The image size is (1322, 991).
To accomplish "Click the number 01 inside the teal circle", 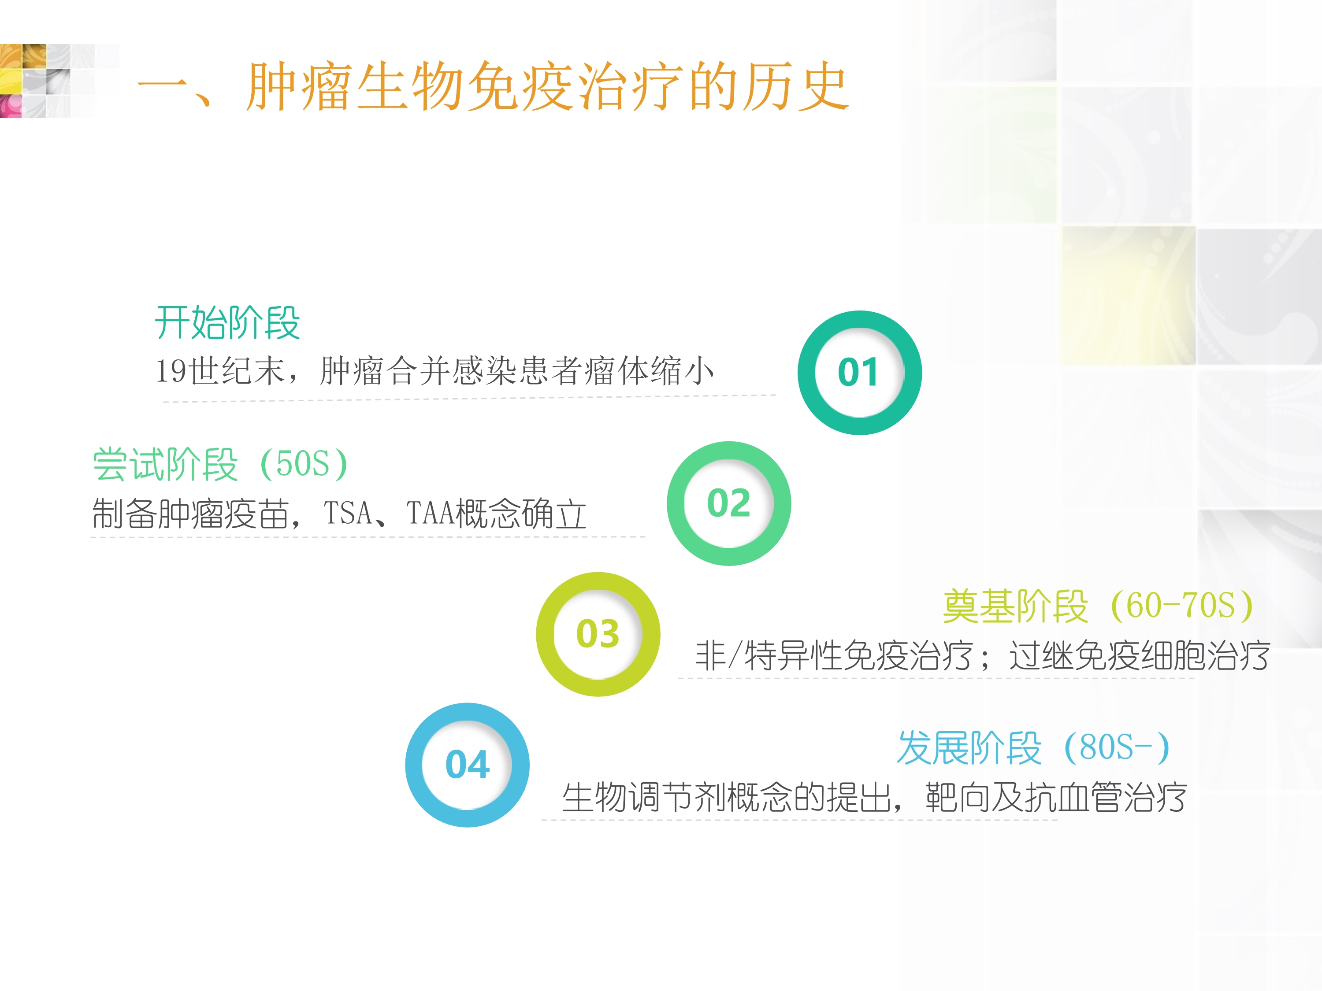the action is click(858, 372).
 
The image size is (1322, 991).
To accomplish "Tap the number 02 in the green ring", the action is click(728, 503).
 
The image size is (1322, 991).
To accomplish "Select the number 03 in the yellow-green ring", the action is click(598, 634).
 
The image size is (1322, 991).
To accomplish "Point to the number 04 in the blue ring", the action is click(468, 765).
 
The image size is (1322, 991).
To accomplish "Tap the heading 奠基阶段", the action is click(1015, 606).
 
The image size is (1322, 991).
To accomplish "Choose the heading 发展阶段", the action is click(969, 747).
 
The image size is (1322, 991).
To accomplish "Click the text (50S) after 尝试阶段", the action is click(304, 464).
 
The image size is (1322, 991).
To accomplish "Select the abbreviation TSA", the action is click(347, 513).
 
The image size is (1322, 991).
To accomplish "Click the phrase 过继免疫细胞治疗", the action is click(1139, 655).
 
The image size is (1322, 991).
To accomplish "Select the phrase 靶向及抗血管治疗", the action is click(1056, 798).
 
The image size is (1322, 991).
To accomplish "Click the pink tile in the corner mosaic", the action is click(11, 106).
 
